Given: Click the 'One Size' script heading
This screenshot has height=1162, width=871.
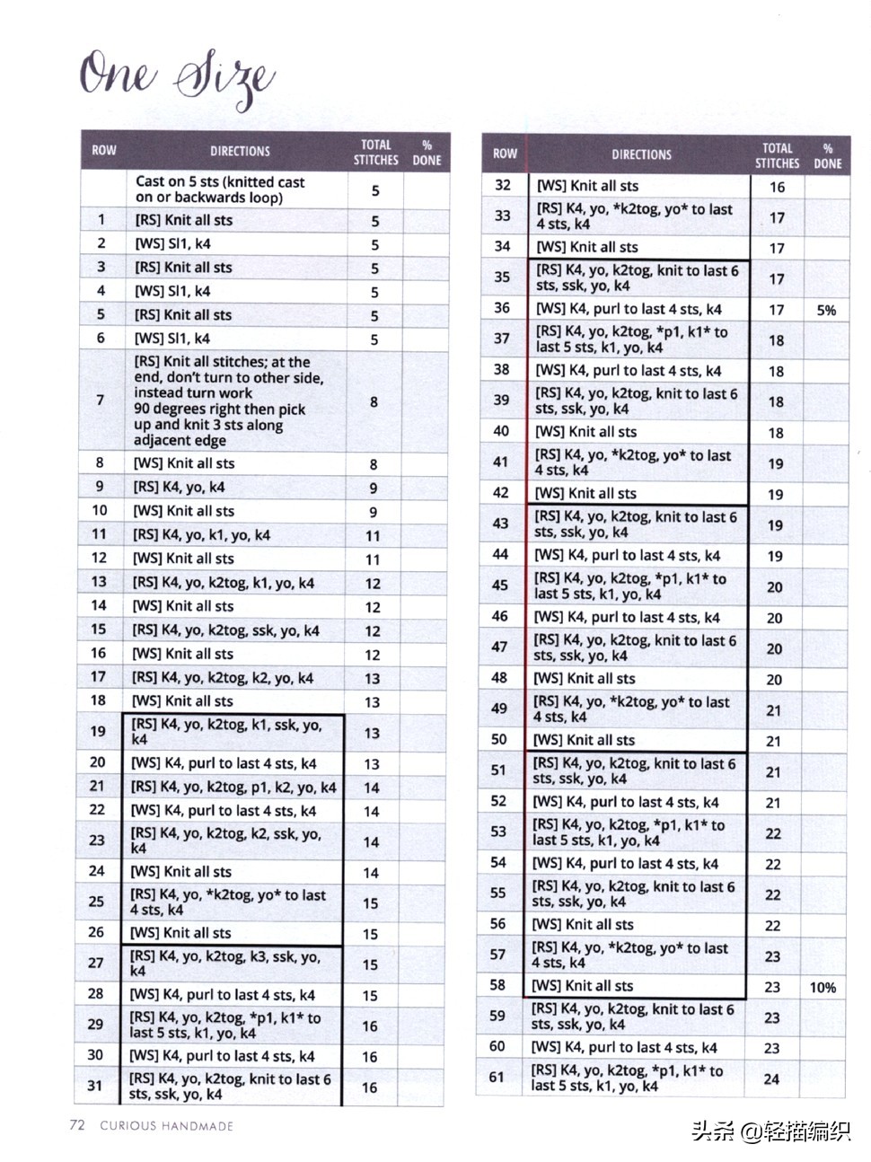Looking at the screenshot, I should (x=176, y=79).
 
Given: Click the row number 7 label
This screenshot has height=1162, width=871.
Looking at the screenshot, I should (x=100, y=400).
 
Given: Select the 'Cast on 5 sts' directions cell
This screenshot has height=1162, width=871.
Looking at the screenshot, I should (x=220, y=189).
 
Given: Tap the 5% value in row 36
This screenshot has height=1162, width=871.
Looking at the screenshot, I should (x=826, y=310).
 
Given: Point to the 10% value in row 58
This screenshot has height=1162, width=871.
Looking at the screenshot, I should (x=823, y=987).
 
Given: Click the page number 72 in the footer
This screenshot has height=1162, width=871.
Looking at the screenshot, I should (x=77, y=1124).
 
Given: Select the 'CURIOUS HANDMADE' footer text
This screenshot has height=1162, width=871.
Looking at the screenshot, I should (x=166, y=1125).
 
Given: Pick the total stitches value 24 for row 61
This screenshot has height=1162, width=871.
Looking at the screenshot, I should (x=771, y=1079).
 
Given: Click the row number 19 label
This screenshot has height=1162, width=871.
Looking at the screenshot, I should (x=98, y=731).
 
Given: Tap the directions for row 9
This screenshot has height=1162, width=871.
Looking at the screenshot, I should (x=180, y=487).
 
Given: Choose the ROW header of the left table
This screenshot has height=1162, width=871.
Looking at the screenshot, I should (x=104, y=151).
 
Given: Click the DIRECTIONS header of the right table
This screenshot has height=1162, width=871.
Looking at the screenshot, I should (x=641, y=154).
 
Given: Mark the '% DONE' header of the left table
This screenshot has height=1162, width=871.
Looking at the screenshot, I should (x=427, y=153).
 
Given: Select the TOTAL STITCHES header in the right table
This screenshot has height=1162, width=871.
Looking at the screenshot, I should (x=777, y=155).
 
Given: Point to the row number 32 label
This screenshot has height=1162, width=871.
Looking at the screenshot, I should (x=503, y=185).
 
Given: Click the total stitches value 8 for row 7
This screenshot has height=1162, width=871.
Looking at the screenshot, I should (x=374, y=401).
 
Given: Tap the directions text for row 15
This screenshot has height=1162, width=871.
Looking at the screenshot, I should (x=225, y=630).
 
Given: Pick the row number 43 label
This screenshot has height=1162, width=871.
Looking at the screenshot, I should (x=500, y=524).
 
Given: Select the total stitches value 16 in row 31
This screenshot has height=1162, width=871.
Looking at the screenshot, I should (x=370, y=1087).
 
